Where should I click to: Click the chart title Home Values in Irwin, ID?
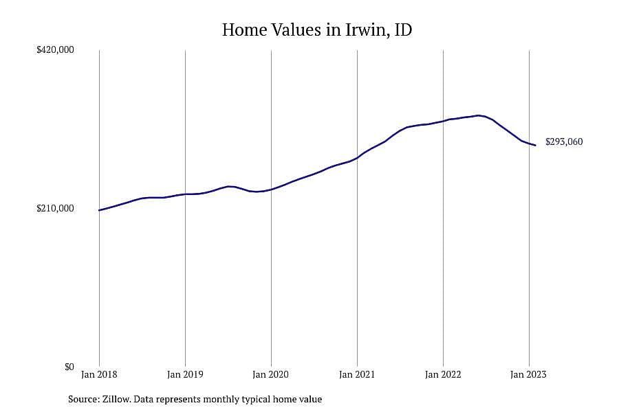click(317, 30)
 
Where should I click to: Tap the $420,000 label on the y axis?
click(55, 50)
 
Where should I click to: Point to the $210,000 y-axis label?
click(55, 208)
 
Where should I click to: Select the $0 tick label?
click(69, 367)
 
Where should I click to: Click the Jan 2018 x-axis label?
click(99, 374)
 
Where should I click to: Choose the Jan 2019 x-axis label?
click(185, 374)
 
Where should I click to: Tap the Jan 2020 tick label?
click(271, 374)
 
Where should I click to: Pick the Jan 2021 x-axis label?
click(357, 374)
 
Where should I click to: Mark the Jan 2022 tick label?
click(443, 374)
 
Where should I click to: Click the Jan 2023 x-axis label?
click(529, 374)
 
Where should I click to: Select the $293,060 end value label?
click(564, 142)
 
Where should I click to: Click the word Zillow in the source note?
click(116, 400)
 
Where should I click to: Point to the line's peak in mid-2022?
click(479, 115)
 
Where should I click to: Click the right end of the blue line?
click(535, 146)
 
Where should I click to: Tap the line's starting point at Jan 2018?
click(99, 210)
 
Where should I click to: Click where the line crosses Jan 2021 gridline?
click(357, 158)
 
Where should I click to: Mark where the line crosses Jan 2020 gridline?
click(271, 190)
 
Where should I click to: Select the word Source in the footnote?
click(84, 400)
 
